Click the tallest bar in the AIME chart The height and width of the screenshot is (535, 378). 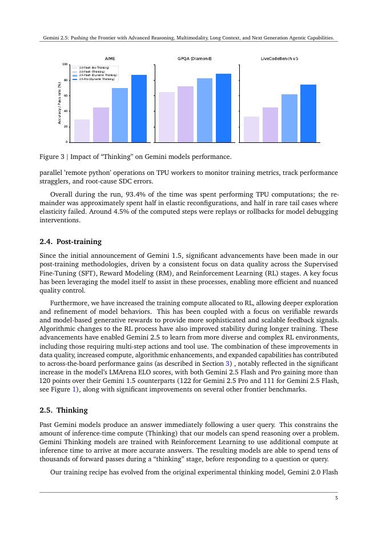[x=139, y=109]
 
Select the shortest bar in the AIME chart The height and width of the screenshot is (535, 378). [x=82, y=131]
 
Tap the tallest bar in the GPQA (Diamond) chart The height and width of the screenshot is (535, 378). [x=223, y=108]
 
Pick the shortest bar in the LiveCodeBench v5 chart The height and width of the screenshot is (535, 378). [x=251, y=129]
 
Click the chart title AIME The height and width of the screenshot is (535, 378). [x=110, y=58]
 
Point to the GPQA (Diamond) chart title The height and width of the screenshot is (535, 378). [x=195, y=58]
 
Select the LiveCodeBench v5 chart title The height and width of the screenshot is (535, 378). [x=279, y=58]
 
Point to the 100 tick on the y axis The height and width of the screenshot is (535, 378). [x=65, y=65]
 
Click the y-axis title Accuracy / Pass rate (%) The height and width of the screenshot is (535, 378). [x=59, y=103]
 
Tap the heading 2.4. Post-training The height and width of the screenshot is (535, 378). [x=71, y=242]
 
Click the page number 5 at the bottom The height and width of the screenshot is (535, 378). [x=336, y=498]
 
